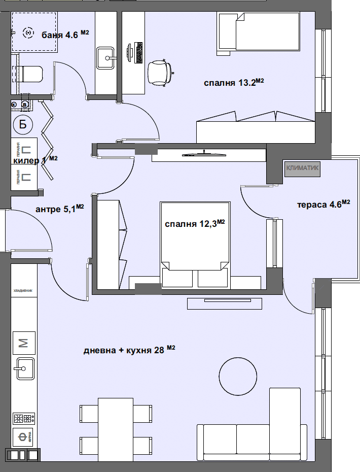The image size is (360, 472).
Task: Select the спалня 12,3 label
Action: pyautogui.click(x=195, y=224)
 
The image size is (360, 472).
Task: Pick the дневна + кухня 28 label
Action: pyautogui.click(x=129, y=350)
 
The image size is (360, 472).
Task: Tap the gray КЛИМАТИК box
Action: pyautogui.click(x=302, y=168)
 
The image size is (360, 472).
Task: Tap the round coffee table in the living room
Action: pyautogui.click(x=238, y=376)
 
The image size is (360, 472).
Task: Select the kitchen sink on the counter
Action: pyautogui.click(x=24, y=368)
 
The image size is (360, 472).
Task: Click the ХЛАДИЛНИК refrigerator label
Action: pyautogui.click(x=23, y=291)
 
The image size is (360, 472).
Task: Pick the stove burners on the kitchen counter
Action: pyautogui.click(x=23, y=418)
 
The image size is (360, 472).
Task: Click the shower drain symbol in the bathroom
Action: pyautogui.click(x=28, y=33)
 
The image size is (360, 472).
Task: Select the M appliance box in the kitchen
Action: pyautogui.click(x=23, y=344)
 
